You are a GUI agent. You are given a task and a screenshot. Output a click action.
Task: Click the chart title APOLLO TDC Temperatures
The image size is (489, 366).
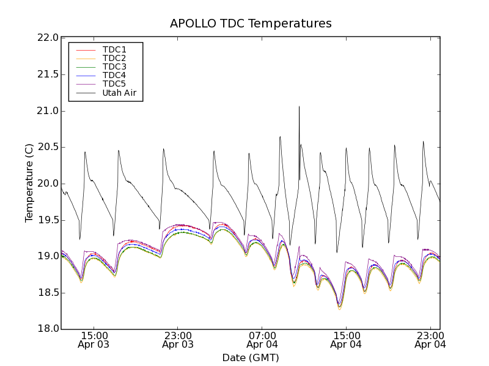point(251,24)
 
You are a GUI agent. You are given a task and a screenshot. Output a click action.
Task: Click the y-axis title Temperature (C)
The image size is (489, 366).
point(29,184)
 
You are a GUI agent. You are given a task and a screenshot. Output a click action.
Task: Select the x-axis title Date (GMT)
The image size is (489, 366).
point(251,357)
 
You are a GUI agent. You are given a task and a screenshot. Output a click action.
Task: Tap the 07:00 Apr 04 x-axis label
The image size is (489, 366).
point(262,340)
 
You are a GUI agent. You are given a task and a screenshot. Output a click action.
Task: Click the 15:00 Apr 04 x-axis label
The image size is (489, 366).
point(346,340)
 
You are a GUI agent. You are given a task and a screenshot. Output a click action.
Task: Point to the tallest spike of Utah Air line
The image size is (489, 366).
point(299,107)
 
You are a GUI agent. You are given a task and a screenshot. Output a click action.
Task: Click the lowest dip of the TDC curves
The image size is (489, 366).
point(340,308)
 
